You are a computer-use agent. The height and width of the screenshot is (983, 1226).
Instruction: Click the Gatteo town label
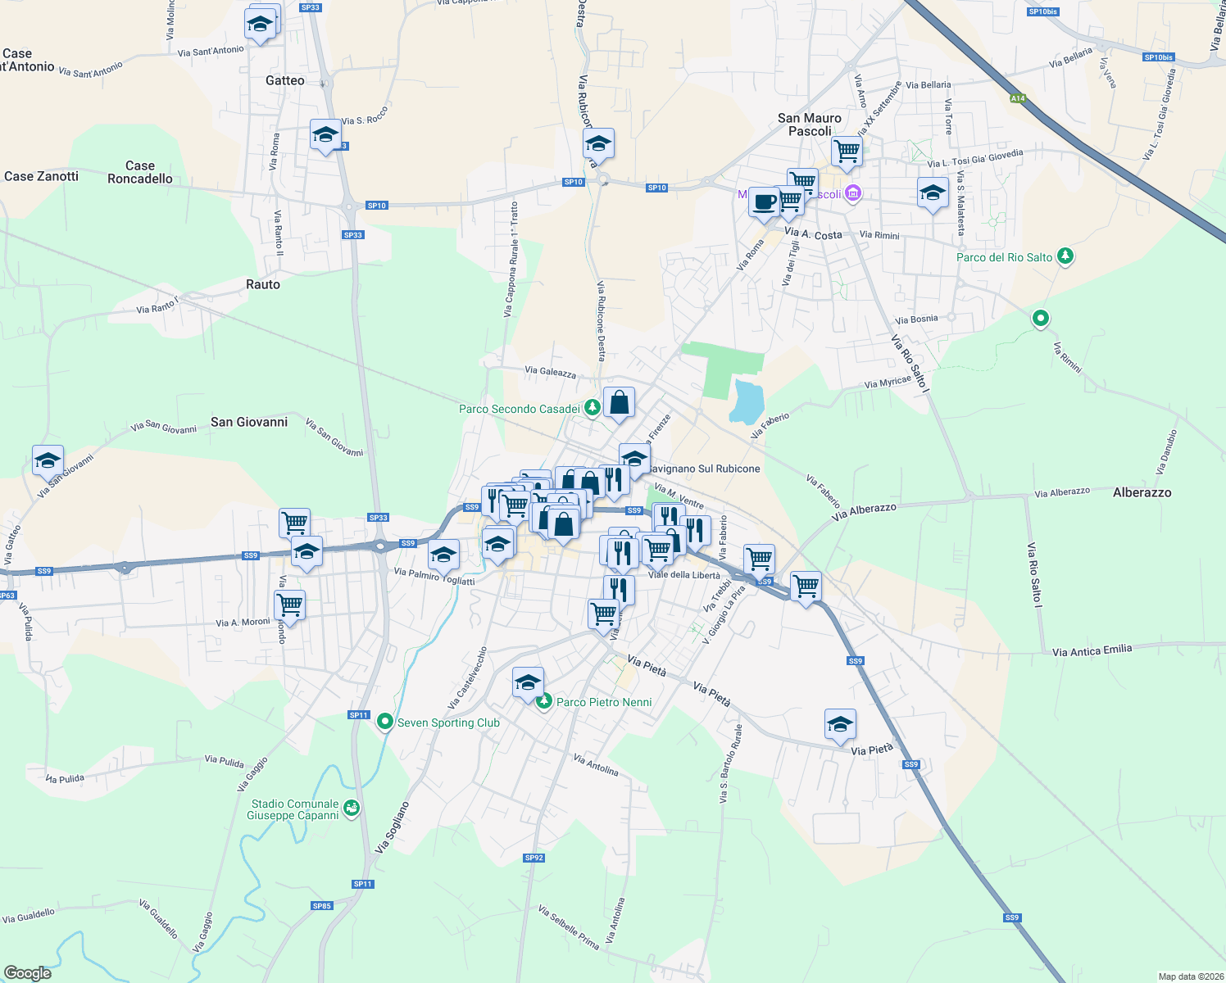tap(285, 80)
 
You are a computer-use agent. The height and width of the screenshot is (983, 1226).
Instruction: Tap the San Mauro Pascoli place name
tap(810, 125)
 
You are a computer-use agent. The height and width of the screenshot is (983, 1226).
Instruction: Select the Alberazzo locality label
tap(1142, 492)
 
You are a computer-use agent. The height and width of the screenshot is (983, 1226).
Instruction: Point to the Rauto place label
tap(263, 284)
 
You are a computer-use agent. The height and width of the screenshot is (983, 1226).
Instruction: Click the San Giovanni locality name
tap(249, 422)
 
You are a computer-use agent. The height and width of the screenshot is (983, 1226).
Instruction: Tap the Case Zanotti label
tap(41, 176)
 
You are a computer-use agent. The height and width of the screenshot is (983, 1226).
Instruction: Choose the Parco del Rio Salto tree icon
tap(1065, 256)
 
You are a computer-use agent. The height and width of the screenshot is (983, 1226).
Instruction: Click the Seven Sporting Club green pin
tap(384, 722)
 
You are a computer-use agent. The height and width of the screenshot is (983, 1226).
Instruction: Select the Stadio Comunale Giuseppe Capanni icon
tap(352, 809)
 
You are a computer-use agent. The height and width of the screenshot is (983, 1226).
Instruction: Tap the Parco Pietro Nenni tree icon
tap(544, 701)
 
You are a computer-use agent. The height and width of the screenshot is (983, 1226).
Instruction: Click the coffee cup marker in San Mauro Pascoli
tap(764, 202)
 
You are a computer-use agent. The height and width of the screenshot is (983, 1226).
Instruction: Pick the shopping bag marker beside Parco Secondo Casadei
tap(619, 403)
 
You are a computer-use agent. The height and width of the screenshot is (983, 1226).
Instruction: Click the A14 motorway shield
tap(1017, 98)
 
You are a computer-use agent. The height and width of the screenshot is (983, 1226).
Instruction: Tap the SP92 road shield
tap(534, 858)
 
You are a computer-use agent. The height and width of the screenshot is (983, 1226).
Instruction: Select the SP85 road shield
tap(322, 905)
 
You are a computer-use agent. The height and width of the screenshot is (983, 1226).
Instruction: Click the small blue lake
tap(747, 401)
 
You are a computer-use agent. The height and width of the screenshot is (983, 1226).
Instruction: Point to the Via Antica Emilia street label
tap(1092, 651)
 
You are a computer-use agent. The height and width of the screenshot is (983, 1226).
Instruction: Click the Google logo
tap(27, 972)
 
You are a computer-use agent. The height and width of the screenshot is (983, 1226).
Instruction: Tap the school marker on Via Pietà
tap(840, 725)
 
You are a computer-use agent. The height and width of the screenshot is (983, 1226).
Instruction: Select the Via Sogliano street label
tap(392, 827)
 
